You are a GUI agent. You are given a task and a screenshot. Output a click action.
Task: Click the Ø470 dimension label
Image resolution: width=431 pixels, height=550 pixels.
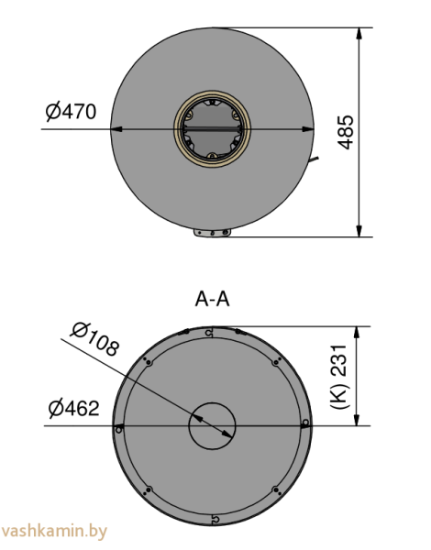pos(70,113)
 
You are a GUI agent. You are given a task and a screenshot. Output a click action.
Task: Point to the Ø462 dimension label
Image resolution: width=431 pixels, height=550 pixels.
pos(72,408)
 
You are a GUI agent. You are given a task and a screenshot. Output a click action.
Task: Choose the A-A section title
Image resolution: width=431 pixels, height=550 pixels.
pos(212,299)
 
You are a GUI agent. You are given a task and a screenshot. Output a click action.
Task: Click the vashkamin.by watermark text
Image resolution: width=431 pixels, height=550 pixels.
pos(55,531)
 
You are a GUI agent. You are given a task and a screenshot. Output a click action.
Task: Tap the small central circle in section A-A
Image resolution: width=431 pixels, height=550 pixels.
pos(213,425)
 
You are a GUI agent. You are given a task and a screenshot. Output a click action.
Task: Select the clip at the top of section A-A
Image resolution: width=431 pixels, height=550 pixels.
pos(211,332)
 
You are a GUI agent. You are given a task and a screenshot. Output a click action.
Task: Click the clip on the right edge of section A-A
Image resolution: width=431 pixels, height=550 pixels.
pos(305,423)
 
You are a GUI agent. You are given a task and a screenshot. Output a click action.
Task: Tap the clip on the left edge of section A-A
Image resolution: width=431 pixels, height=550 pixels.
pos(118,427)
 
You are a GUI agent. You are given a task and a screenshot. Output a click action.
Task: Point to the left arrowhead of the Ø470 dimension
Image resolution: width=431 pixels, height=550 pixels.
pos(116,129)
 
